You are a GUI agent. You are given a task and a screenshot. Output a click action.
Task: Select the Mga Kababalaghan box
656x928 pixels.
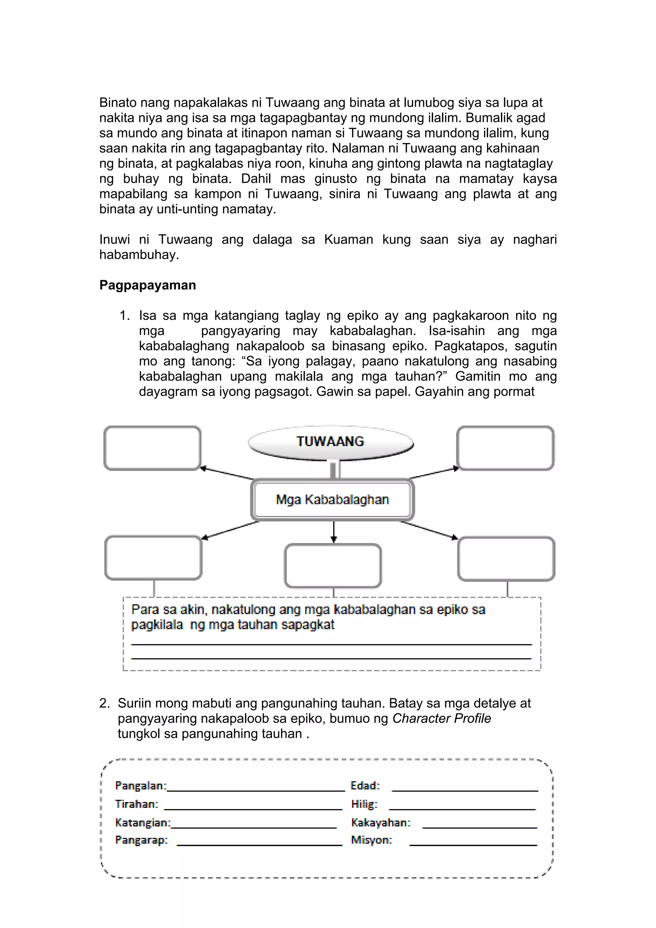click(332, 500)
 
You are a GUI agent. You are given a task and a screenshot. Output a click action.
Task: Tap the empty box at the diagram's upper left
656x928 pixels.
click(152, 448)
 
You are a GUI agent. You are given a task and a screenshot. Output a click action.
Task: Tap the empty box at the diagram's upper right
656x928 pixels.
click(505, 448)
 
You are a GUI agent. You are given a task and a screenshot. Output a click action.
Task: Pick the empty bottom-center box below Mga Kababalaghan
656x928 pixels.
click(333, 566)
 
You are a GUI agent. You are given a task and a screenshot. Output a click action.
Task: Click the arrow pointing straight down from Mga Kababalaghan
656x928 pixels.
click(333, 532)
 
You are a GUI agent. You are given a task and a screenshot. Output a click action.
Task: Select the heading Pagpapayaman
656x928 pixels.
click(148, 285)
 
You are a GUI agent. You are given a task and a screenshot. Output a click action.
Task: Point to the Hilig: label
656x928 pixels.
click(364, 804)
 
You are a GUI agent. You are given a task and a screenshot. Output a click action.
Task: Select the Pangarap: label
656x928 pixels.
click(141, 840)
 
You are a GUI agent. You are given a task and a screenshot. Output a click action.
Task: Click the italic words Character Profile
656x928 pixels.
click(441, 718)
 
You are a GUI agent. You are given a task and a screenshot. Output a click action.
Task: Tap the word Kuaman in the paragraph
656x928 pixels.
click(348, 240)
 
